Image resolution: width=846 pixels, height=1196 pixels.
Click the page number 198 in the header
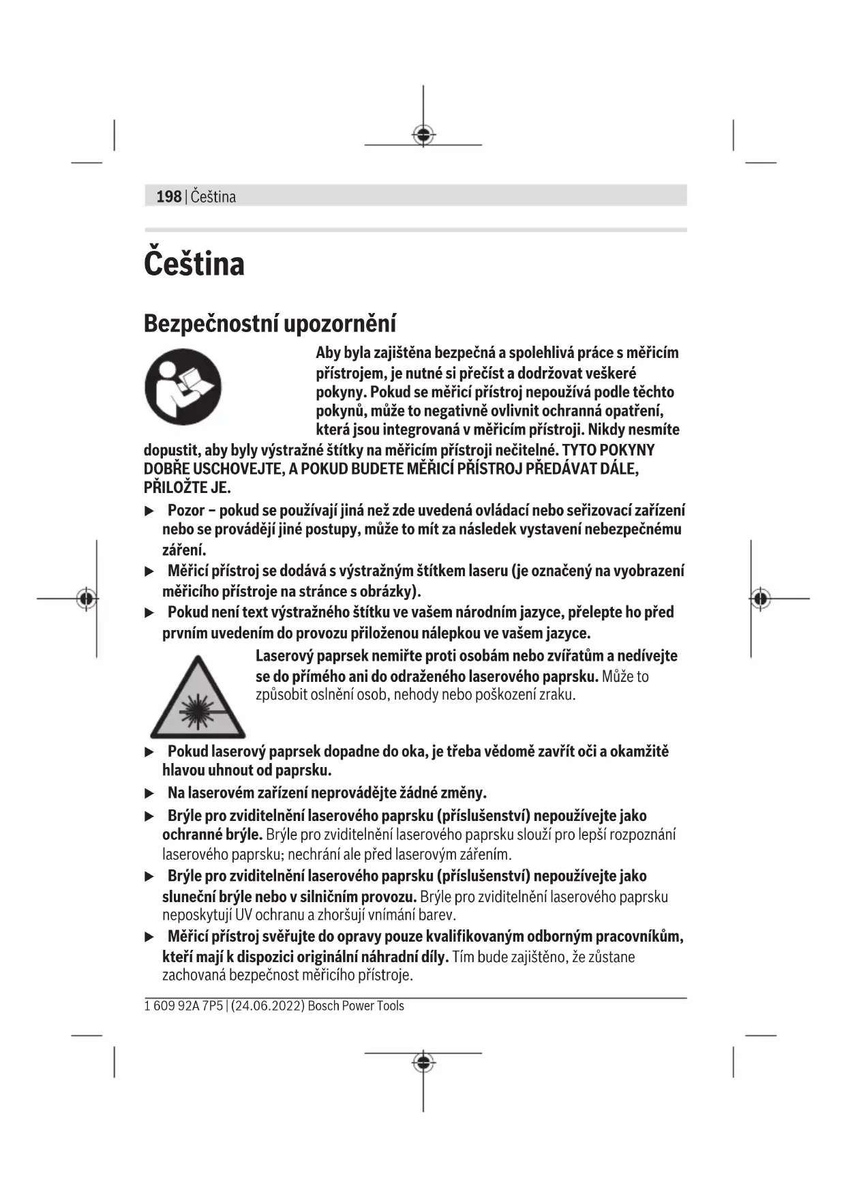[x=168, y=197]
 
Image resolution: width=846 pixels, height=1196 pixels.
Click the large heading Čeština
[x=194, y=264]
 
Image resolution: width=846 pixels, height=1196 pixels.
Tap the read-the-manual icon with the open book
[x=183, y=387]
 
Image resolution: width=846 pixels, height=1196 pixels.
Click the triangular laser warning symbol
[x=198, y=698]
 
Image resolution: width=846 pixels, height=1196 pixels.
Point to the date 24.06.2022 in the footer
[x=267, y=1006]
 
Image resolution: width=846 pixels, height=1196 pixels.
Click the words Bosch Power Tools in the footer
[x=356, y=1006]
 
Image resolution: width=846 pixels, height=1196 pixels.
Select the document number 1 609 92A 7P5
[x=183, y=1006]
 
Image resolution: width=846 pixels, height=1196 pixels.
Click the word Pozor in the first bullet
[x=186, y=511]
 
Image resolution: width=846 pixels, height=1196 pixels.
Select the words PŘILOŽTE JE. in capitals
[x=187, y=488]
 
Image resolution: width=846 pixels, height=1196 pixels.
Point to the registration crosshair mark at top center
[x=423, y=134]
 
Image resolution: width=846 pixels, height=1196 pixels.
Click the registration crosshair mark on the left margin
[x=86, y=599]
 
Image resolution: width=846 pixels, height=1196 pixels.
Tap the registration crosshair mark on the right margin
[x=761, y=599]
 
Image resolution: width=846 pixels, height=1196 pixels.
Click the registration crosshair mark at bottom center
[x=423, y=1062]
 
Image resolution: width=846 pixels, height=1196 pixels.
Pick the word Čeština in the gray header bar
[x=213, y=197]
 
